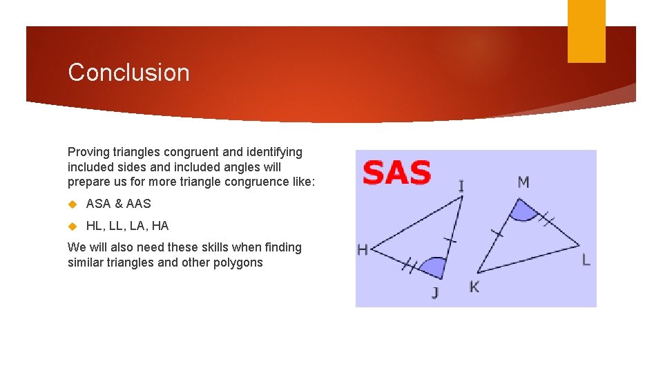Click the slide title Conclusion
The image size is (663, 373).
click(x=128, y=73)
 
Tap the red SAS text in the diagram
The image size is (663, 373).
click(x=396, y=173)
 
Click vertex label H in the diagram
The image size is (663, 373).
click(x=363, y=250)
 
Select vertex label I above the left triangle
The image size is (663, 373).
click(x=461, y=186)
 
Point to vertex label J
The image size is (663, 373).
click(x=435, y=293)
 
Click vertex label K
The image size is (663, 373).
click(x=474, y=287)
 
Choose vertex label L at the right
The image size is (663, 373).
click(x=586, y=260)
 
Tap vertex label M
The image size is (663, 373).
click(x=523, y=182)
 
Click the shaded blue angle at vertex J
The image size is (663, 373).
click(x=434, y=267)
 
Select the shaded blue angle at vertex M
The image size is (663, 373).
click(x=523, y=211)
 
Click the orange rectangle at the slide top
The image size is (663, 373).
click(x=586, y=31)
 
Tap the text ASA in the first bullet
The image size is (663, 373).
click(x=98, y=204)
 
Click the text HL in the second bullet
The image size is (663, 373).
click(x=93, y=226)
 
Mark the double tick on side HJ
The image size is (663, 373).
click(x=411, y=265)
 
